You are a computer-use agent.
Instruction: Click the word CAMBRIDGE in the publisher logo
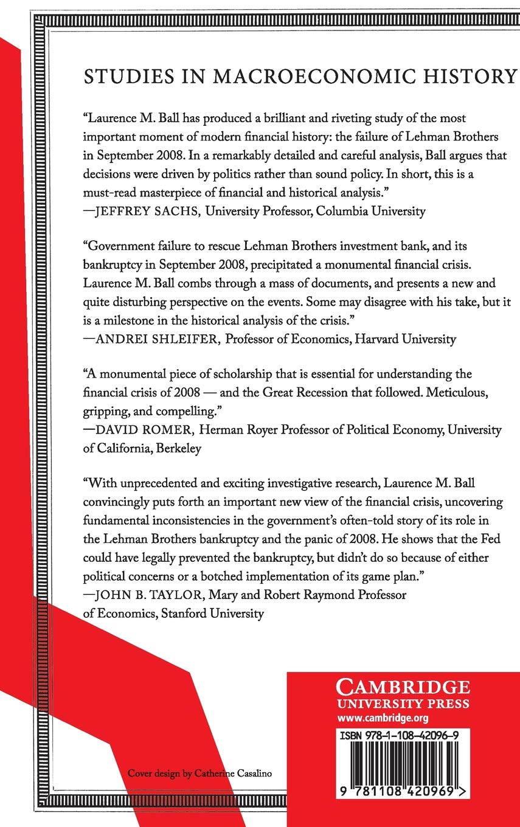point(403,688)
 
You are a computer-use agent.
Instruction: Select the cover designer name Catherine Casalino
point(232,773)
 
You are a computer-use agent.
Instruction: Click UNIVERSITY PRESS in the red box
point(403,704)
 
